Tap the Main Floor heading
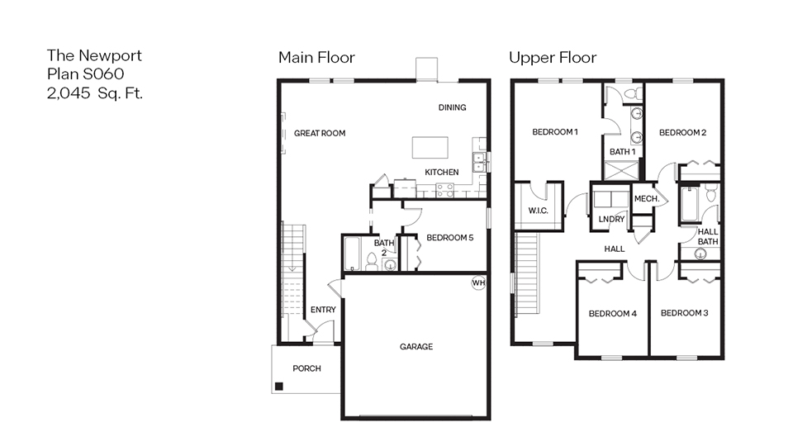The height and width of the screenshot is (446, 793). tap(316, 58)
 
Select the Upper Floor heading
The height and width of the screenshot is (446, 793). tap(553, 58)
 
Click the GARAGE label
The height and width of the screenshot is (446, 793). tap(416, 347)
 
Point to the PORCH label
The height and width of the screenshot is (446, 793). tap(306, 368)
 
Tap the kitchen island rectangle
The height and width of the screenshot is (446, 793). tap(431, 147)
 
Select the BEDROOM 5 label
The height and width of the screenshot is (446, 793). tap(450, 238)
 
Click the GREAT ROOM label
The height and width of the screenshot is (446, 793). tap(320, 133)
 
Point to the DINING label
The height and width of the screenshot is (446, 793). tap(452, 107)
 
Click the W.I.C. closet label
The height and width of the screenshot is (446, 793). tap(538, 211)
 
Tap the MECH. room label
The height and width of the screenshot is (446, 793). tap(646, 199)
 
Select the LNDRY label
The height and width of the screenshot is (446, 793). tap(611, 219)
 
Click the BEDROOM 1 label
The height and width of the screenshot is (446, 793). tap(554, 132)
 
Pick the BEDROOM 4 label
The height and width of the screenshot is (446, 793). tap(612, 314)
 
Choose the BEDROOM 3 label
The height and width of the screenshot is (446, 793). tap(685, 313)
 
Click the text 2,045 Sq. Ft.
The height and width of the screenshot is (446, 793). tap(95, 93)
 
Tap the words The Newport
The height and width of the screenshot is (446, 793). tap(94, 56)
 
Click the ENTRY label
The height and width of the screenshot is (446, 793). tap(323, 310)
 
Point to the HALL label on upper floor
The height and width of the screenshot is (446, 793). tap(614, 249)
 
